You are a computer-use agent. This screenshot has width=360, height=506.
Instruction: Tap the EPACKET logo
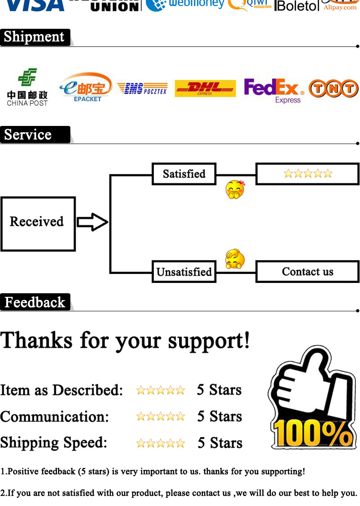click(x=87, y=87)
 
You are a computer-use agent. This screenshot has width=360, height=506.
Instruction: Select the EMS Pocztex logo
click(x=142, y=89)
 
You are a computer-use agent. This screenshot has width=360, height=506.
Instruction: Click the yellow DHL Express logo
click(x=205, y=88)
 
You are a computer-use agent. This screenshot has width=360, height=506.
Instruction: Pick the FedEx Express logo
click(x=274, y=90)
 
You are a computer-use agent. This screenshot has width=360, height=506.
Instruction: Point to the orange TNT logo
click(x=333, y=89)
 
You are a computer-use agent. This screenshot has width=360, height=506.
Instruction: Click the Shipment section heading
click(x=35, y=37)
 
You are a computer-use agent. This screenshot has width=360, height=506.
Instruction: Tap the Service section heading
click(x=28, y=134)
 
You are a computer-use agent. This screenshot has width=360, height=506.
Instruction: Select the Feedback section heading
click(x=35, y=302)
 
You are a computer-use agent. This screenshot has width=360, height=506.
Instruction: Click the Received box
click(x=37, y=224)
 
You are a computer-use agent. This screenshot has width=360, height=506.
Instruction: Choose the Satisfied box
click(x=184, y=174)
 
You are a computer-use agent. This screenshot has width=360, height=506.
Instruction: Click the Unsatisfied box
click(x=184, y=272)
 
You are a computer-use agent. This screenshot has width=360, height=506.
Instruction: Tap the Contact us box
click(x=308, y=272)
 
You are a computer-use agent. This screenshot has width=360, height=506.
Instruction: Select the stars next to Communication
click(x=161, y=416)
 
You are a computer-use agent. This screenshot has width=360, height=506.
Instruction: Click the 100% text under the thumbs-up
click(x=313, y=433)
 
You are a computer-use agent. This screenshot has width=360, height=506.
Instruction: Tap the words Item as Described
click(x=62, y=390)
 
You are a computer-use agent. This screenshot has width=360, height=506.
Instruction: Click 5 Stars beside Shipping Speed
click(x=220, y=443)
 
